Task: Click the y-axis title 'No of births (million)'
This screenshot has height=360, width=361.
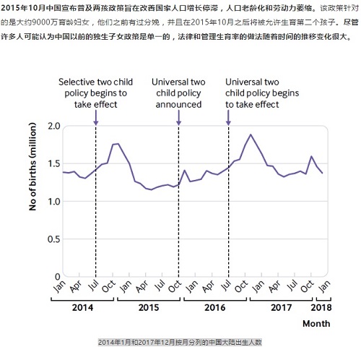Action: [32, 200]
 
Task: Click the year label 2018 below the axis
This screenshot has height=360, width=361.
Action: [323, 307]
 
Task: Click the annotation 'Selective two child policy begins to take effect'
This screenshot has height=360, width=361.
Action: [93, 93]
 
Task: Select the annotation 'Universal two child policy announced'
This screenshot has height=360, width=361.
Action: [178, 93]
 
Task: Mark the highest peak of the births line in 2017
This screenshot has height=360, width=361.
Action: [251, 134]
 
